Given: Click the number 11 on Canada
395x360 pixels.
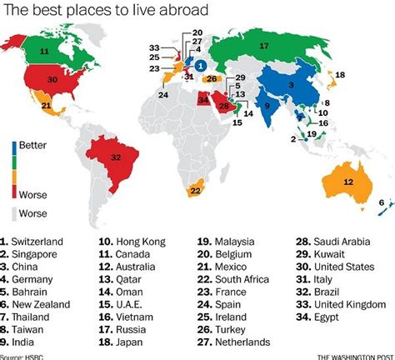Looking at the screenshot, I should (x=44, y=51).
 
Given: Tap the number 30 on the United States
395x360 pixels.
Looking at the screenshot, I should (x=52, y=80).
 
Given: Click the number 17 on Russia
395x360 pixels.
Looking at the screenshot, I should (x=263, y=47).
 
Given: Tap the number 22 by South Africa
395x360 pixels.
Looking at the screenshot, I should (x=195, y=192).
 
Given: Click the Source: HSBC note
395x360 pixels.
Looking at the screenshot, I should (x=25, y=356).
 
